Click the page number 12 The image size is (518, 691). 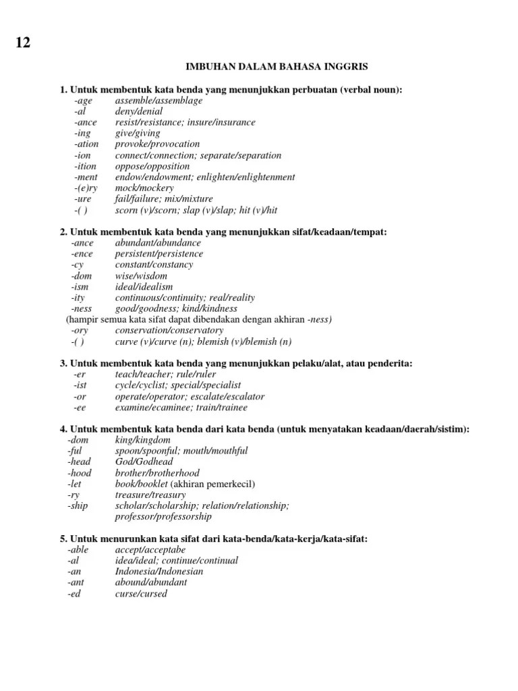coord(22,43)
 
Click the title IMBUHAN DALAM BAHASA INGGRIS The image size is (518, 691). coord(277,67)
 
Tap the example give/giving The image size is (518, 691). coord(138,133)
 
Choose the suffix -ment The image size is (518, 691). coord(86,177)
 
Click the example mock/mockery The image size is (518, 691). coord(144,188)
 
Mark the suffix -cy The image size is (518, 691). coord(78,265)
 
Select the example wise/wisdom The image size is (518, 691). coord(141,275)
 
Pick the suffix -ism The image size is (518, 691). coord(81,286)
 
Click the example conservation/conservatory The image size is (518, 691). coord(169,330)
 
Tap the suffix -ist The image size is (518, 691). coord(80,385)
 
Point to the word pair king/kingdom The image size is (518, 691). coord(143,440)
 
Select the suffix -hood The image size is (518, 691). coord(79,473)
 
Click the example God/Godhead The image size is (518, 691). coord(144,462)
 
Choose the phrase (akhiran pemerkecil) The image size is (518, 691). coord(213,484)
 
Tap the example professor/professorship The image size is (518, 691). coord(163,516)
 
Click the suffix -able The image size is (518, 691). coord(78,550)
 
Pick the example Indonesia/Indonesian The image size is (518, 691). coord(159,572)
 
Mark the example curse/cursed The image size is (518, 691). coord(141,593)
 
